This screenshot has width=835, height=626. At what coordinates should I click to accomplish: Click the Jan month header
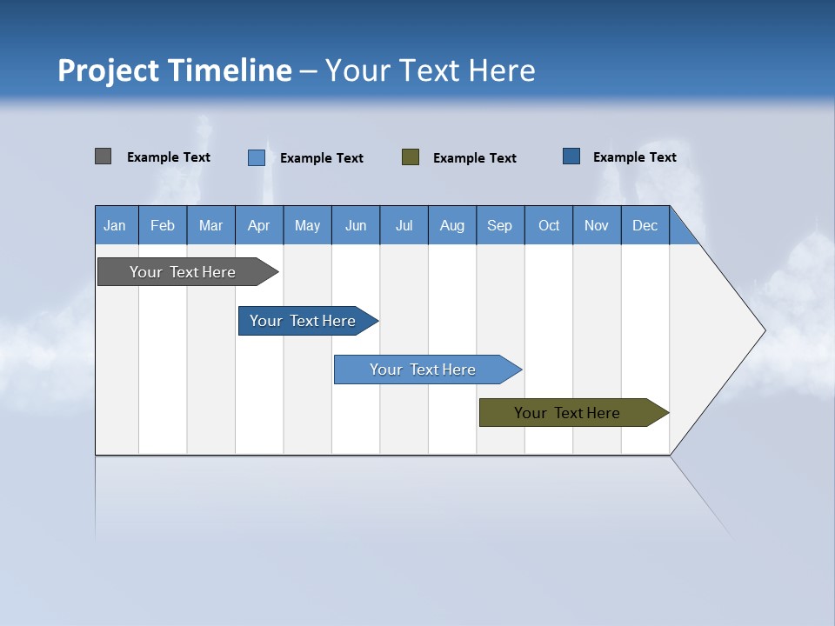(x=116, y=225)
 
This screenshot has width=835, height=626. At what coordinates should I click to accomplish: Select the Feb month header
(x=163, y=225)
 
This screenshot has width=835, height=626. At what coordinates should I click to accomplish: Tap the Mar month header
(x=210, y=225)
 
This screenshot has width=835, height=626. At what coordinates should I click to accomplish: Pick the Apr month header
(x=259, y=225)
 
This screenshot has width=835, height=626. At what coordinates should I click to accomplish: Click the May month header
(x=307, y=225)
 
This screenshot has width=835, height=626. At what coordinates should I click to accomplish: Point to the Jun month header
(x=356, y=225)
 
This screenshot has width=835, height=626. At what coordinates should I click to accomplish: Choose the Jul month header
(x=404, y=225)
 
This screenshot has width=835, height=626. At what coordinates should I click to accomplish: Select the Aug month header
(x=452, y=225)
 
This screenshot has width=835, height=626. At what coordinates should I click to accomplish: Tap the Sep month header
(x=500, y=225)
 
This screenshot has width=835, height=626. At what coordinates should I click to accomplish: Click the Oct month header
(x=549, y=225)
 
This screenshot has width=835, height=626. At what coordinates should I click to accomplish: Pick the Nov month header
(x=597, y=225)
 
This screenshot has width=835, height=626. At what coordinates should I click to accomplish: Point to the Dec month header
(x=645, y=225)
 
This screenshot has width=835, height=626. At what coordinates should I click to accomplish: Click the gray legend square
(x=104, y=156)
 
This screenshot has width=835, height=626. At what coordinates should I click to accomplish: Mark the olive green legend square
(x=411, y=156)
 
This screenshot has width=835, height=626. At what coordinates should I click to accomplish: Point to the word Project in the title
(x=106, y=70)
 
